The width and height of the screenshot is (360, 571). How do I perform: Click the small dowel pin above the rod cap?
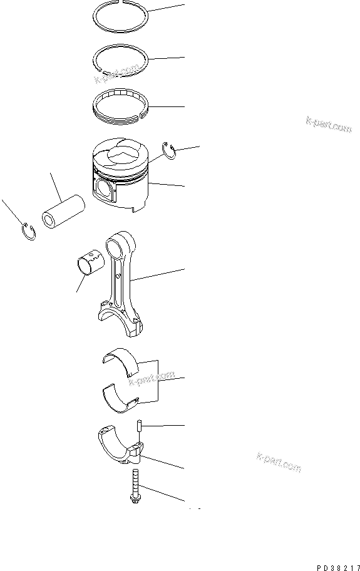tap(138, 426)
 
